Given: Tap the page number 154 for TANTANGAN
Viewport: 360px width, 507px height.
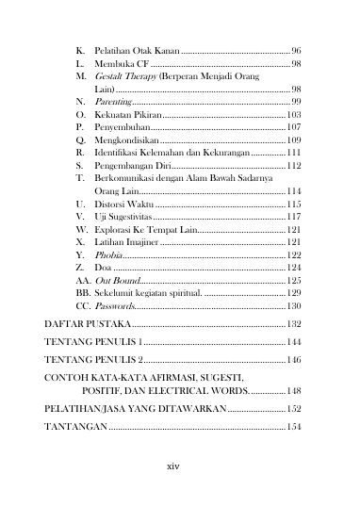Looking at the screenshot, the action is pos(292,427).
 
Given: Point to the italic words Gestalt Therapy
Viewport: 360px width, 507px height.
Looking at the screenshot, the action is pos(126,74).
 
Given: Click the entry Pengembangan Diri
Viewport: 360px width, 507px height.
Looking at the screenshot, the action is pos(134,165).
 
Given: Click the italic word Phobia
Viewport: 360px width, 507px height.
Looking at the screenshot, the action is pos(109,255).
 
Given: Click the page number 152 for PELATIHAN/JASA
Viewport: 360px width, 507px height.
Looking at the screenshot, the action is pos(292,409).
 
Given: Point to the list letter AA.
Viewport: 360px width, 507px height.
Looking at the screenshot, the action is pos(82,281).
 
